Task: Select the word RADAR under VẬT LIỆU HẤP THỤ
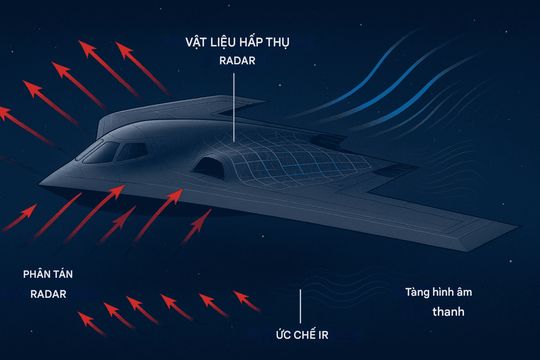[237, 61]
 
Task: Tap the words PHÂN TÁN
[48, 275]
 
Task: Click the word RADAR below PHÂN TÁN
[48, 294]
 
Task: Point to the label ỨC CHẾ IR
[302, 335]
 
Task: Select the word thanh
[448, 312]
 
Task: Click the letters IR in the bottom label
[322, 335]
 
